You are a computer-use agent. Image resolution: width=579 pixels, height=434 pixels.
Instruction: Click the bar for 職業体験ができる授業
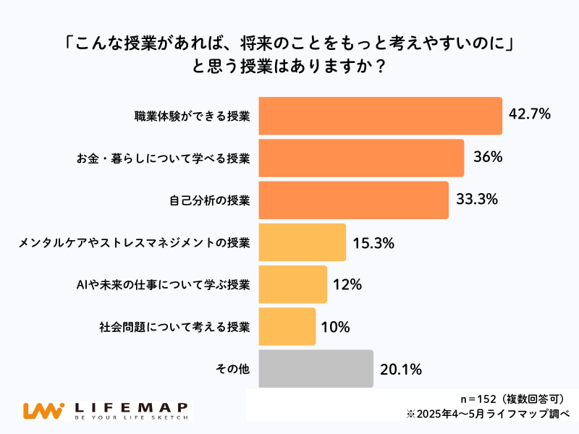pos(380,116)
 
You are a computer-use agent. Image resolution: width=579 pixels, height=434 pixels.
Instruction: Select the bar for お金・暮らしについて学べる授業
pos(360,158)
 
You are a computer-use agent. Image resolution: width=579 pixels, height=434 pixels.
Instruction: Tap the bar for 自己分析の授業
pos(353,200)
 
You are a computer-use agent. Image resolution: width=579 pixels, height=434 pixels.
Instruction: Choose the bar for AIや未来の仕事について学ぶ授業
pos(292,284)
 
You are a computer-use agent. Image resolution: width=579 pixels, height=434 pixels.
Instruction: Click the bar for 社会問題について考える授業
pos(287,326)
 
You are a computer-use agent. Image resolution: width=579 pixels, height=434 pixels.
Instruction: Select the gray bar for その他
pos(316,369)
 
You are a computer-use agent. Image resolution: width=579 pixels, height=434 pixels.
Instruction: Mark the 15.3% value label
pos(373,243)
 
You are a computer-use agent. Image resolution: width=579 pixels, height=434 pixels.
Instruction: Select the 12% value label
pos(347,285)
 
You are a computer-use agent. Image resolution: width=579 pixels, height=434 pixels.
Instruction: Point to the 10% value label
pos(335,327)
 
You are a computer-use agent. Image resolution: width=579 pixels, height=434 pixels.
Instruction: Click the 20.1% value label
pos(401,370)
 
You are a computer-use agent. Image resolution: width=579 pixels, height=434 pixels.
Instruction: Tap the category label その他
pos(232,369)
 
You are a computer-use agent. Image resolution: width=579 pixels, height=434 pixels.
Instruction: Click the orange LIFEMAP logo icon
pos(43,410)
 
